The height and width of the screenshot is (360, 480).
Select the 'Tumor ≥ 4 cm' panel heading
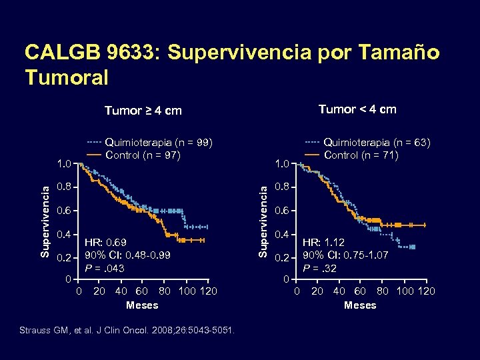pyautogui.click(x=143, y=111)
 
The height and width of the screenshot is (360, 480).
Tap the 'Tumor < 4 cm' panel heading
pyautogui.click(x=357, y=109)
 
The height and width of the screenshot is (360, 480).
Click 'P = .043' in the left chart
pyautogui.click(x=104, y=268)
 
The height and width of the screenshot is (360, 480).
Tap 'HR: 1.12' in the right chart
pyautogui.click(x=323, y=243)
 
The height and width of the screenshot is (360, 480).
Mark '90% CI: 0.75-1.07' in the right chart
pyautogui.click(x=346, y=255)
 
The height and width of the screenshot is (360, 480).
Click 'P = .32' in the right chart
pyautogui.click(x=320, y=269)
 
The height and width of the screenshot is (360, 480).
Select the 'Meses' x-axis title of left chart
pyautogui.click(x=142, y=305)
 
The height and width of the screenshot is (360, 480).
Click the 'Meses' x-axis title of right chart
pyautogui.click(x=360, y=305)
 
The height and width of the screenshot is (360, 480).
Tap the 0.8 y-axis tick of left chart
pyautogui.click(x=64, y=187)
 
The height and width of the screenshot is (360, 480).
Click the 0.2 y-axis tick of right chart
pyautogui.click(x=282, y=259)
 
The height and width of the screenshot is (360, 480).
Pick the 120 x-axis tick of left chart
pyautogui.click(x=209, y=291)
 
